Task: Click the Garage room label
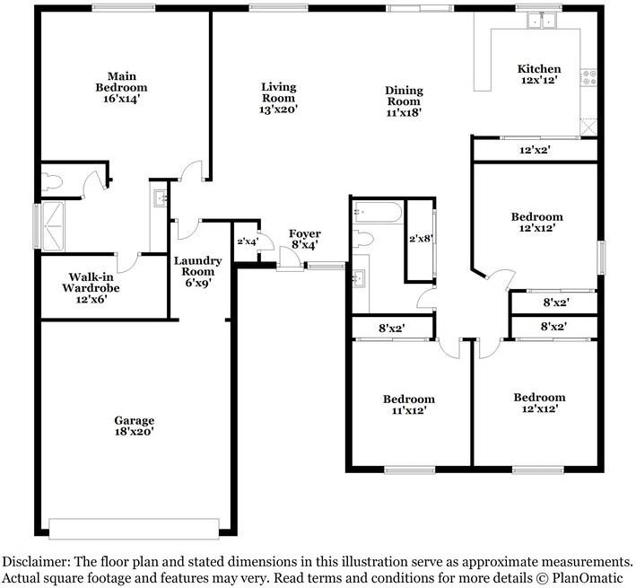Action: pyautogui.click(x=134, y=426)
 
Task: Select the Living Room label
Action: pyautogui.click(x=278, y=98)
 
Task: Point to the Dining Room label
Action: pyautogui.click(x=404, y=101)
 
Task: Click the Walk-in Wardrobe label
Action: pyautogui.click(x=91, y=288)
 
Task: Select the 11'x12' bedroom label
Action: pyautogui.click(x=408, y=404)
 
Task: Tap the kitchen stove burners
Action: pyautogui.click(x=590, y=78)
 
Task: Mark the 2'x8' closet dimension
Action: pyautogui.click(x=420, y=239)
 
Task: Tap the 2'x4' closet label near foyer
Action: pyautogui.click(x=246, y=241)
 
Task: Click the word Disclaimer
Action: pyautogui.click(x=35, y=560)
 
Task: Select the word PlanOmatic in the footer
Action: pyautogui.click(x=591, y=576)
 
